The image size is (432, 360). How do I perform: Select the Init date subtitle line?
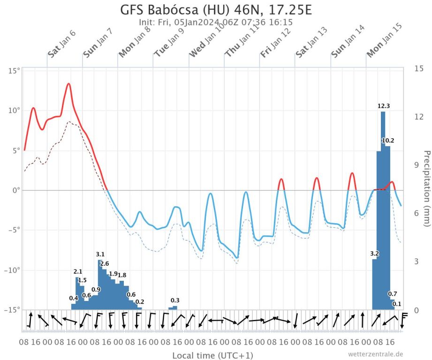click(216, 22)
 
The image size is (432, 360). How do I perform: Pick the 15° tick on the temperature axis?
click(14, 71)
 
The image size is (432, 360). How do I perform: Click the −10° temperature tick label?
click(12, 270)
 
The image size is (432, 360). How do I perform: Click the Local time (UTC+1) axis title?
click(212, 355)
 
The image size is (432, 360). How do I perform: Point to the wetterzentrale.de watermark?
click(375, 354)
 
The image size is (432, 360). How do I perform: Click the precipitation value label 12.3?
click(384, 106)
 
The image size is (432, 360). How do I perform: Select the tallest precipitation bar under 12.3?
click(383, 211)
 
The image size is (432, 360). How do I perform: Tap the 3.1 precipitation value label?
click(100, 255)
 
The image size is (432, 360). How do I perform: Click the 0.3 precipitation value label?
click(175, 300)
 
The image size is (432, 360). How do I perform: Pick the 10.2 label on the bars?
click(388, 141)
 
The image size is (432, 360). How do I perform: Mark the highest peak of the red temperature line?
click(68, 84)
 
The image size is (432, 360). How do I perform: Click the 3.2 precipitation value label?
click(374, 254)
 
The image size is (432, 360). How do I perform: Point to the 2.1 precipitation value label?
click(78, 271)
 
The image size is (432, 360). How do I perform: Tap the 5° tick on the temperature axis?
click(15, 150)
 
